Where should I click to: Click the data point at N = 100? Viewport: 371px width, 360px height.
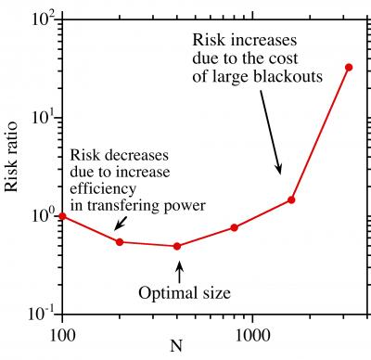coord(62,215)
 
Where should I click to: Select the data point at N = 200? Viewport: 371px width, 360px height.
coord(120,242)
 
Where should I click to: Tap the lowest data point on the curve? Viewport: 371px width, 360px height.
coord(177,246)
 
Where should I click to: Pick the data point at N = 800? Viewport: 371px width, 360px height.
coord(235,227)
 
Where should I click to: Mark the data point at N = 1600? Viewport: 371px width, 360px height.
coord(291,199)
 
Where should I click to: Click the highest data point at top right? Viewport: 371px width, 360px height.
coord(349,67)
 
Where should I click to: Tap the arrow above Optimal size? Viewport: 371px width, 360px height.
coord(180,270)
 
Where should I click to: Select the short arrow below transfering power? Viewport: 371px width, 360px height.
coord(119,224)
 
